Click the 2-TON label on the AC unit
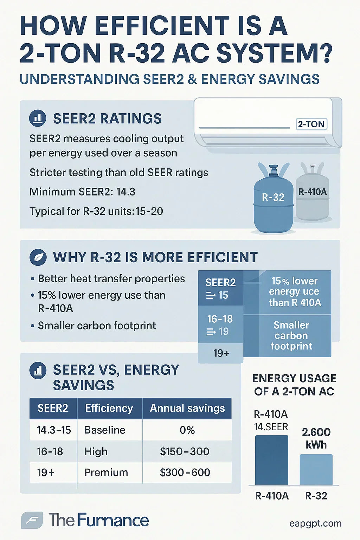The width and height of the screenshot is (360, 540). pos(311,124)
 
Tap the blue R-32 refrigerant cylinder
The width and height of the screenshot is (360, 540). pos(273,200)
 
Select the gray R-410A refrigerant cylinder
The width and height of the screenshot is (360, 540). pos(313,193)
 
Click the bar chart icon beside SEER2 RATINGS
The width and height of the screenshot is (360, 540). pos(38,118)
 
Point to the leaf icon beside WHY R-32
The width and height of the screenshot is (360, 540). pos(38,257)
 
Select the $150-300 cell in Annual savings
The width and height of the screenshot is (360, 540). pos(185,451)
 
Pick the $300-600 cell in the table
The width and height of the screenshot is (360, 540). pos(185,472)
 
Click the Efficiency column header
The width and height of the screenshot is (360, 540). pos(109,408)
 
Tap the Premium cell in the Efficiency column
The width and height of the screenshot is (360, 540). pos(106,472)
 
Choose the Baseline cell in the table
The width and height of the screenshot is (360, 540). pos(105,430)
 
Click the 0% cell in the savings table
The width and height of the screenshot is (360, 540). pos(187,430)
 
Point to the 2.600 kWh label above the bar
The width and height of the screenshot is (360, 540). pos(316,438)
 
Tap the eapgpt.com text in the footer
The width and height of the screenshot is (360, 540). pos(315,523)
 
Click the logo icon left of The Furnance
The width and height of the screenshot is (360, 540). pos(32,520)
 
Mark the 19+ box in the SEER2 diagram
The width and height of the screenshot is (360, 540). pos(221,353)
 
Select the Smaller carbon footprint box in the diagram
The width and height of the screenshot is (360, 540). pos(291,336)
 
